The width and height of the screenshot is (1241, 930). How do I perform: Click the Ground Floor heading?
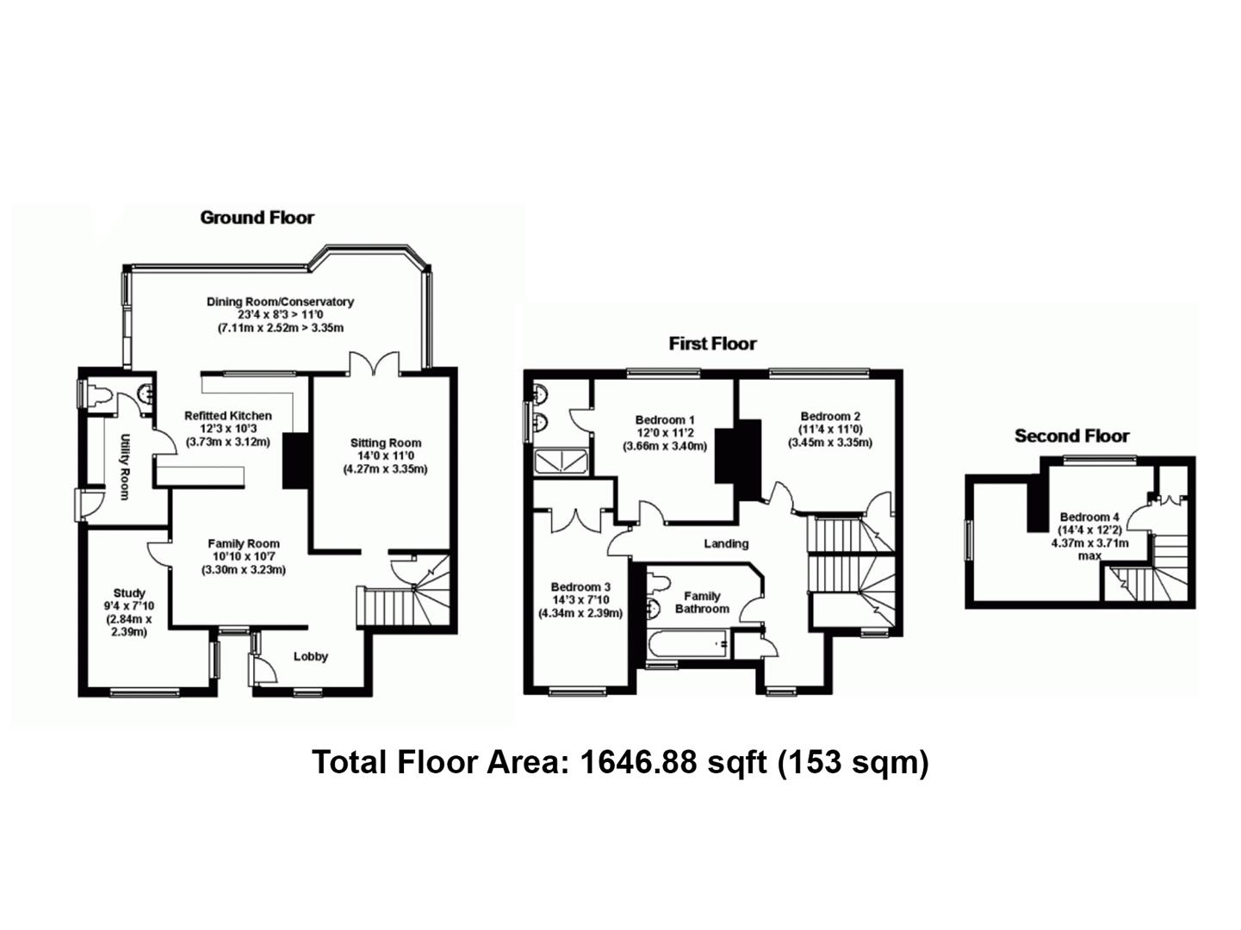(x=257, y=218)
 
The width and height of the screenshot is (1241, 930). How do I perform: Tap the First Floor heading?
(x=712, y=344)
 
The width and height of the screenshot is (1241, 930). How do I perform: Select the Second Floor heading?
(x=1071, y=436)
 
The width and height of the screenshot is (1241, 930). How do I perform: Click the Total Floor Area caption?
(x=620, y=762)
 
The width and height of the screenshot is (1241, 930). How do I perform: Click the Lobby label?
(x=311, y=656)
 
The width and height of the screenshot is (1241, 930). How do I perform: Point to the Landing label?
(x=726, y=543)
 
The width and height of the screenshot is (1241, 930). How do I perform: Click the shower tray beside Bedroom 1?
(x=562, y=462)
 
